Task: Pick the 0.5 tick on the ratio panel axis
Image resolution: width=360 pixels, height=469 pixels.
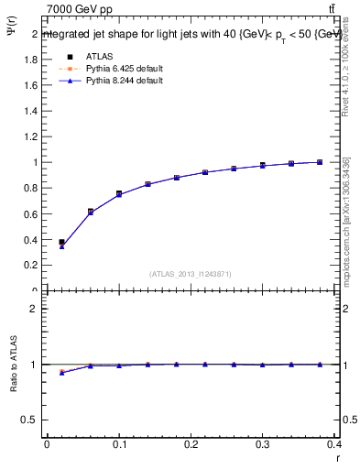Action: [34, 420]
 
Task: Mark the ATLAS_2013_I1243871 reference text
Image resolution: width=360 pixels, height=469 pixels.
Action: [190, 274]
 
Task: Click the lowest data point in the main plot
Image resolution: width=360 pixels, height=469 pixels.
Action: [61, 243]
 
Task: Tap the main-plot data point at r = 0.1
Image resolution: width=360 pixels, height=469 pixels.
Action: [119, 193]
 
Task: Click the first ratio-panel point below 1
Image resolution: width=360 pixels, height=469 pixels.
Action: [61, 372]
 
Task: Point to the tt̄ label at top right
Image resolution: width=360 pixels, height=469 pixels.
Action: [331, 9]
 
